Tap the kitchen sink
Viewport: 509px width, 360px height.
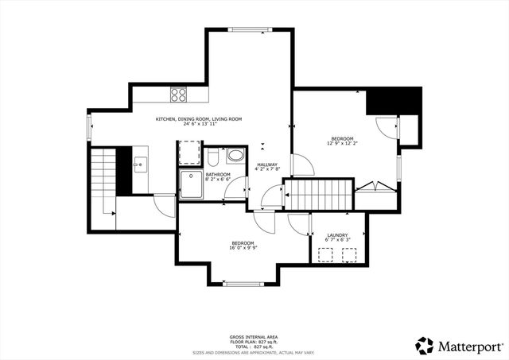click(138, 165)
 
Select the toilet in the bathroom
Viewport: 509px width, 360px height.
click(214, 154)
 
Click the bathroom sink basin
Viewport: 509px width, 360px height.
click(236, 155)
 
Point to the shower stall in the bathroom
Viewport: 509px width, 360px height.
click(191, 184)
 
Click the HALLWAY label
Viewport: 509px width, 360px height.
click(267, 165)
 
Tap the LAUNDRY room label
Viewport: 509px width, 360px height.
click(337, 235)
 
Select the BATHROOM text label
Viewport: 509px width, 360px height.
click(217, 174)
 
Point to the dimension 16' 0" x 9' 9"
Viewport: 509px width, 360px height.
click(243, 248)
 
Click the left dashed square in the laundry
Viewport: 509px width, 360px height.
click(325, 254)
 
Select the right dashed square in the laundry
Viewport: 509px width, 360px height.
click(349, 254)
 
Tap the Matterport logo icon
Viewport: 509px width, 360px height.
click(424, 346)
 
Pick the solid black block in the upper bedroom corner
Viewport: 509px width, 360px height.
click(392, 102)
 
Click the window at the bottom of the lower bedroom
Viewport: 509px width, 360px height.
click(244, 284)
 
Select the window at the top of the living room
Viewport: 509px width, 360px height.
click(250, 30)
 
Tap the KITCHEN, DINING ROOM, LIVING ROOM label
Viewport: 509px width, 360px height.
click(198, 119)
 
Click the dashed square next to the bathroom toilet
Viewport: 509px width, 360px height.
click(189, 152)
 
